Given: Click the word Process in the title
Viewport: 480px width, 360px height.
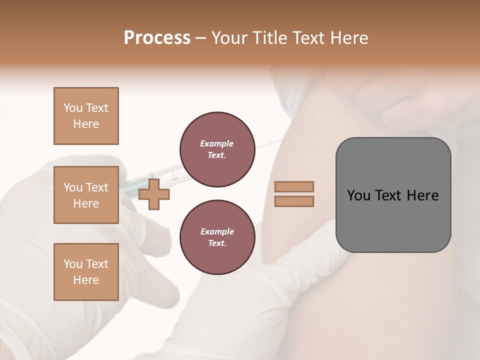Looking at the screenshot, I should [157, 38].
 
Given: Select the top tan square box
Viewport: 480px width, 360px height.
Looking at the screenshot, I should [86, 116].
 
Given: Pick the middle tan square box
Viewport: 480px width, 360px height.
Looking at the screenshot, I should [86, 195].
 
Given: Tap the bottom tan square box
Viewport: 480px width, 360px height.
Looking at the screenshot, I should [86, 272].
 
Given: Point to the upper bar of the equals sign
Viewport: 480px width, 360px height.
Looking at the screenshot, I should [294, 186].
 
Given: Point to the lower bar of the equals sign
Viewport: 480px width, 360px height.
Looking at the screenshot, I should [294, 201].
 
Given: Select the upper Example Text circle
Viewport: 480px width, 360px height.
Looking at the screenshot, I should [217, 149].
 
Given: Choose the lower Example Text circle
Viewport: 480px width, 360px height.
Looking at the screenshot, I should [217, 237].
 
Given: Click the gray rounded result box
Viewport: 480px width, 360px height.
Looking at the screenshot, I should [393, 220].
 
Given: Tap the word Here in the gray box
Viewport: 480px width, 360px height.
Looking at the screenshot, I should [422, 195].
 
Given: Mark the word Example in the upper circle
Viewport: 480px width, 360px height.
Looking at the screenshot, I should [217, 143].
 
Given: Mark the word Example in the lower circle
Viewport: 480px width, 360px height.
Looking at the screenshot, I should [217, 231].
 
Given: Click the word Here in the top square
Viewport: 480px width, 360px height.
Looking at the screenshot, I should [86, 124].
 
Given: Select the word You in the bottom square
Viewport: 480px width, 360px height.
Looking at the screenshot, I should [73, 264].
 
